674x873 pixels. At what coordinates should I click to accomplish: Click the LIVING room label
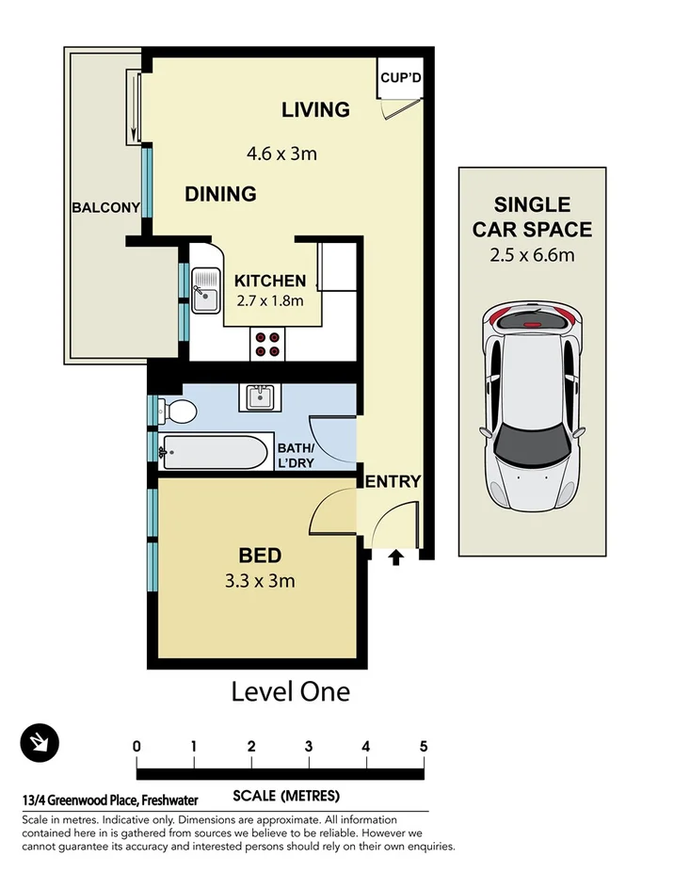point(315,110)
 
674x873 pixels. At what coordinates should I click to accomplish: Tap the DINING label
point(220,194)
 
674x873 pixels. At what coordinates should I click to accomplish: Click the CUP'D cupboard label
point(400,78)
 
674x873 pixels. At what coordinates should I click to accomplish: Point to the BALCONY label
point(105,208)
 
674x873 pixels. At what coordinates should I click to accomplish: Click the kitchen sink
point(204,290)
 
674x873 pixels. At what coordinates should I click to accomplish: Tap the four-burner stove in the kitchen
point(267,345)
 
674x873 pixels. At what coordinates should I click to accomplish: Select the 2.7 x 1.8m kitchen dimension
point(269,301)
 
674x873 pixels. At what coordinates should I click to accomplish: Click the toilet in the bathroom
point(177,411)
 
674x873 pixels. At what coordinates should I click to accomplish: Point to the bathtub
point(215,452)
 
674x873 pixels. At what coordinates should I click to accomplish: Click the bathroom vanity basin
point(261,397)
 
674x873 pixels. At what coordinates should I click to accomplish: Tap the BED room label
point(260,556)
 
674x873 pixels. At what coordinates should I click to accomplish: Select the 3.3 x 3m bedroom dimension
point(260,581)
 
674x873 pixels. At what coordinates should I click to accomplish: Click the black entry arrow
point(395,558)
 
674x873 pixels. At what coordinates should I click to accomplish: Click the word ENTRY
point(393,482)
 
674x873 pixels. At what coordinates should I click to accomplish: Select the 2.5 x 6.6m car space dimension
point(533,255)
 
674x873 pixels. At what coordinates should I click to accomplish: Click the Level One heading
point(290,692)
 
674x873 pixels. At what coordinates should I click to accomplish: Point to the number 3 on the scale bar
point(309,747)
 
